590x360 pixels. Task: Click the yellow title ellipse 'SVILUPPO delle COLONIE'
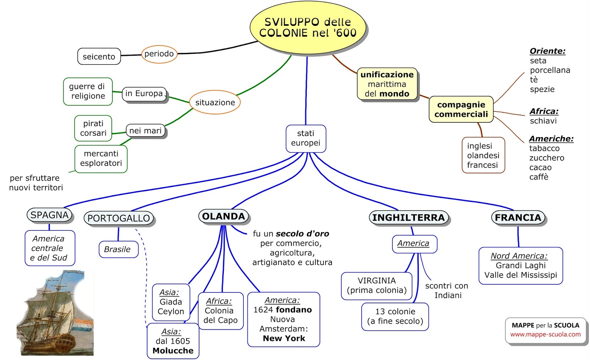(308, 28)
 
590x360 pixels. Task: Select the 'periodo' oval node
(159, 54)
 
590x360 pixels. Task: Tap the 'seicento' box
(99, 57)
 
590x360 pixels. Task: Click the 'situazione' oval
(215, 102)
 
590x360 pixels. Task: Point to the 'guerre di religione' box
(88, 91)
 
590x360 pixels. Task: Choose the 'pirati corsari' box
(93, 128)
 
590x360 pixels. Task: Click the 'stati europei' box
(306, 138)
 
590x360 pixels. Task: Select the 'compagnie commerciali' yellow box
(461, 109)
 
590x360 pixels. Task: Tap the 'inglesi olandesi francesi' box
(483, 155)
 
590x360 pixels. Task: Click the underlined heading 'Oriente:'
(547, 51)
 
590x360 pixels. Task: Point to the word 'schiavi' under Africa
(543, 121)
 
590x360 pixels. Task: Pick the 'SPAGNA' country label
(49, 215)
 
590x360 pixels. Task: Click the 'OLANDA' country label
(223, 216)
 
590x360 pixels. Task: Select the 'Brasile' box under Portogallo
(118, 249)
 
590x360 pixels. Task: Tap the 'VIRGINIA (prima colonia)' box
(376, 286)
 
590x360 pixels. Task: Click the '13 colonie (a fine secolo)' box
(395, 317)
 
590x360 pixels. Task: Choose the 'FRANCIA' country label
(518, 218)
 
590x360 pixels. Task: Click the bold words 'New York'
(284, 338)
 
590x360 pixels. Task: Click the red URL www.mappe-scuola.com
(545, 335)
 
